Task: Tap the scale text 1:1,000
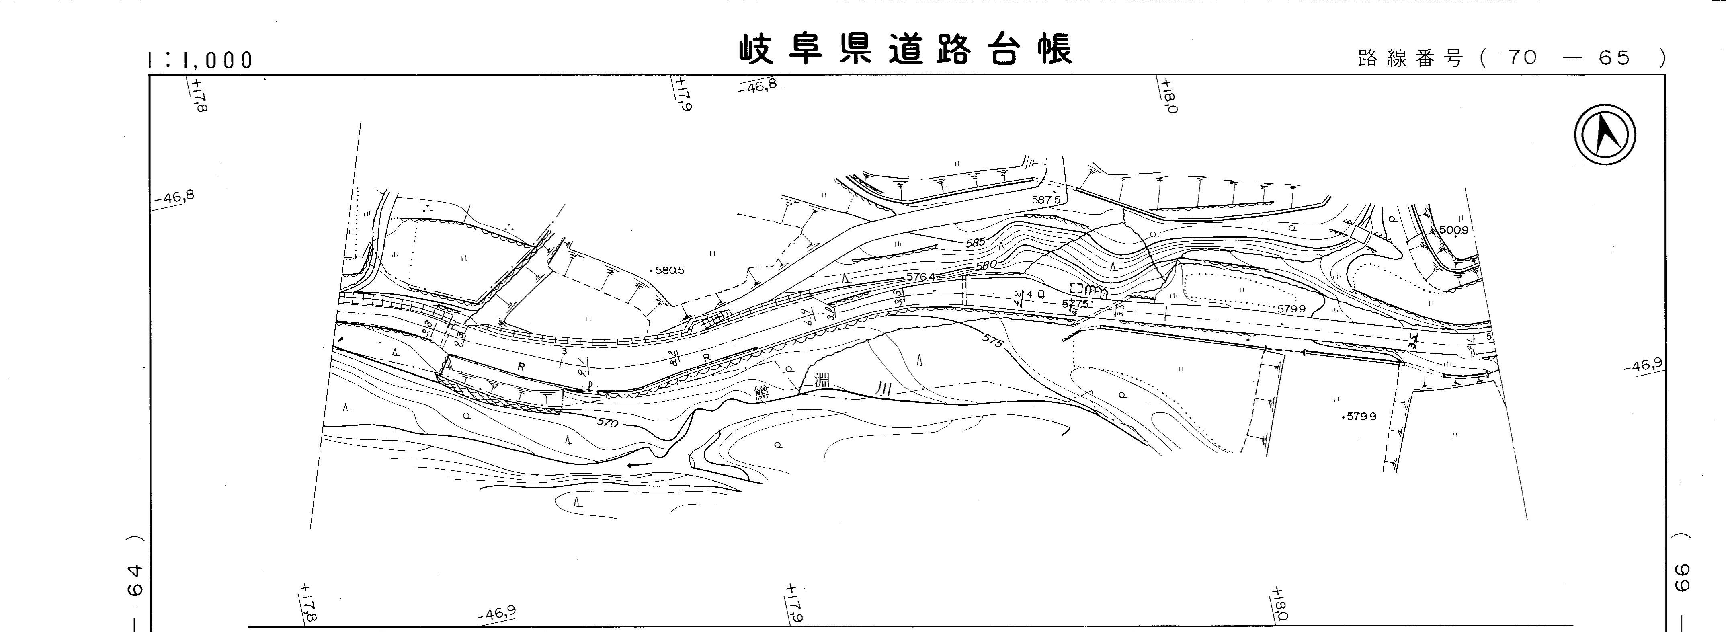(x=199, y=60)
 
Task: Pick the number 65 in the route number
(x=1614, y=58)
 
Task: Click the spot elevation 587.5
(x=1046, y=200)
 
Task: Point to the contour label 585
(x=976, y=242)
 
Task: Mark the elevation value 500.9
(x=1453, y=230)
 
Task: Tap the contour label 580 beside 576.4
(x=986, y=265)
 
